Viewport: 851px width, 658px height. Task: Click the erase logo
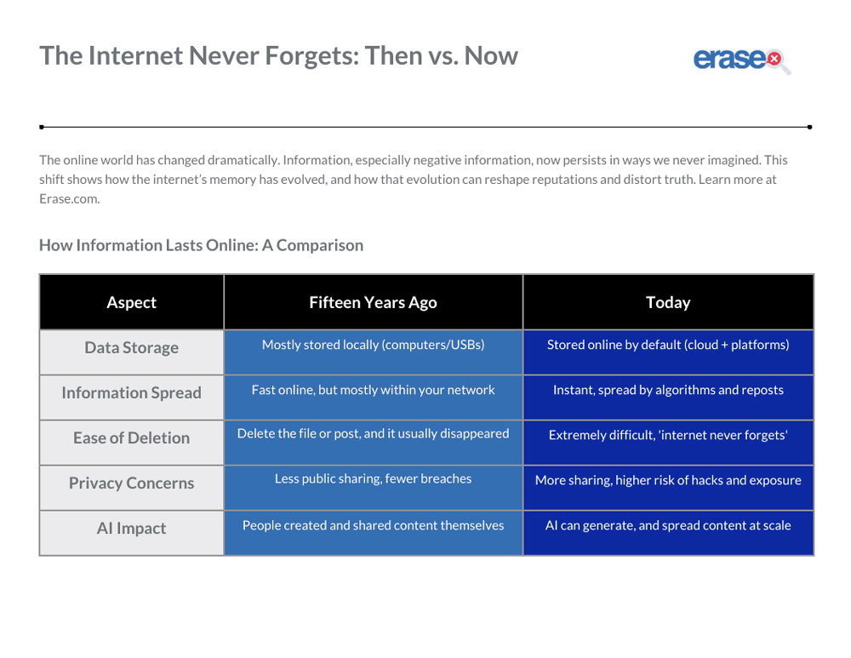[x=741, y=60]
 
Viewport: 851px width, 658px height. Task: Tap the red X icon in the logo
[x=774, y=58]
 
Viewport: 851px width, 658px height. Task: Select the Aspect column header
[x=131, y=302]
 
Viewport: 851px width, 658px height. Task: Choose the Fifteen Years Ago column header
[x=373, y=302]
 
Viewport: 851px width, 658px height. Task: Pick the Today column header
[x=668, y=302]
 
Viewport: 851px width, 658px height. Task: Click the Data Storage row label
[x=131, y=347]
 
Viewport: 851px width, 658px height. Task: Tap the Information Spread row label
[x=131, y=392]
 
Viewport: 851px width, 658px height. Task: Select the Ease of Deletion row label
[x=131, y=438]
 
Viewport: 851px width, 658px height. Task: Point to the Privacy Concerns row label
[x=131, y=483]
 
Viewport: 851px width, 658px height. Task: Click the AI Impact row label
[x=131, y=528]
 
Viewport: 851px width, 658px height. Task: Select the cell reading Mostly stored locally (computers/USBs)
[x=373, y=352]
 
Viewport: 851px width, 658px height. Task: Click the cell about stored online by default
[x=668, y=352]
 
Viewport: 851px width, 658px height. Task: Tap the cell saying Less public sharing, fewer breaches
[x=373, y=487]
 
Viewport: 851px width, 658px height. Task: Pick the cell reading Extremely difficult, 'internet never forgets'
[x=668, y=442]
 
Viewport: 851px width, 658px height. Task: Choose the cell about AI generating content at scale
[x=668, y=532]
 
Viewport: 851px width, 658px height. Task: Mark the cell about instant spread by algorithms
[x=668, y=397]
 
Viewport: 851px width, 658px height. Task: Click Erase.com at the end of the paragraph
[x=70, y=198]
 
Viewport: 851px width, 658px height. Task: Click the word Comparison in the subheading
[x=320, y=246]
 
